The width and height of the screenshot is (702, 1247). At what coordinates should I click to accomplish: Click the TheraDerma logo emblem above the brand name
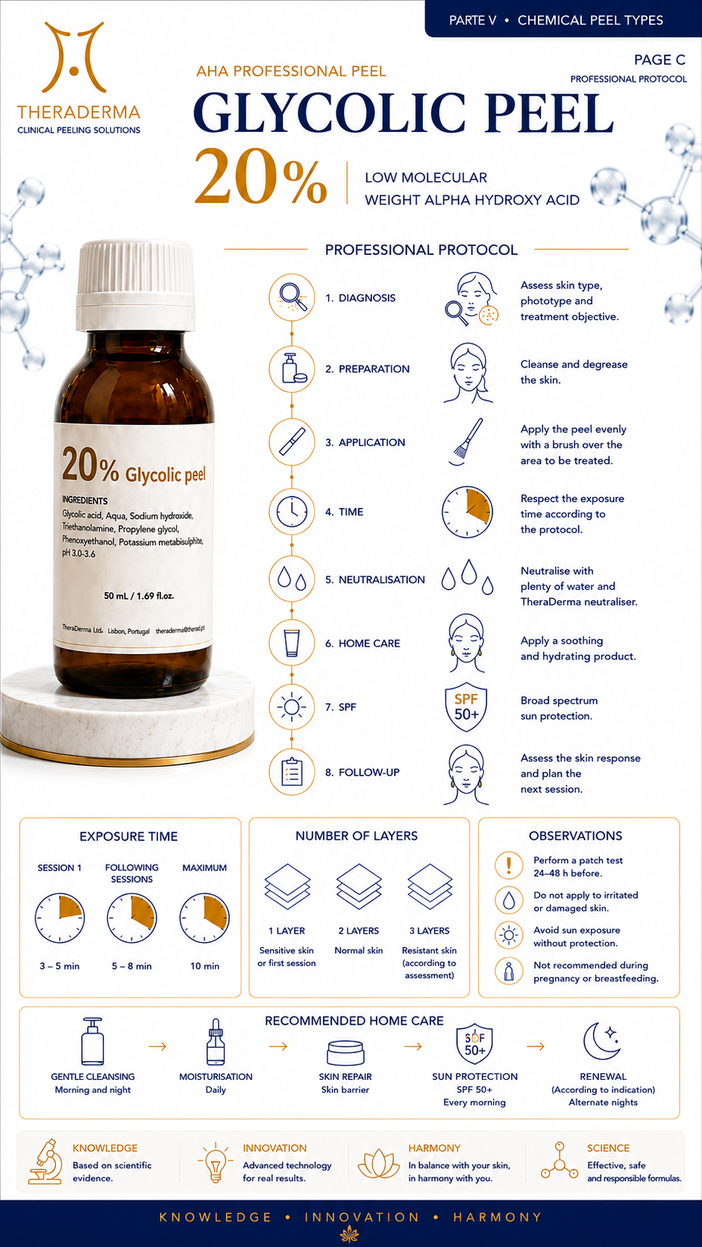75,57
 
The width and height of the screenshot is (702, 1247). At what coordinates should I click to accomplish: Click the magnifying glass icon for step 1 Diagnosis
292,297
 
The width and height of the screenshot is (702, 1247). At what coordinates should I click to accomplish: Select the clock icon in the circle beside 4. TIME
292,511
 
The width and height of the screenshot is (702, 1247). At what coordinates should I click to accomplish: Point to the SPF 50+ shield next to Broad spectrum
466,706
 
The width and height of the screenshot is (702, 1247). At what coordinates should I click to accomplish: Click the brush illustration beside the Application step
466,442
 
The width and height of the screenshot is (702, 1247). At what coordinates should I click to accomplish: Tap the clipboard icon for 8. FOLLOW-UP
292,772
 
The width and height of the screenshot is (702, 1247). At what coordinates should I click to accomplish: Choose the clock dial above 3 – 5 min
60,918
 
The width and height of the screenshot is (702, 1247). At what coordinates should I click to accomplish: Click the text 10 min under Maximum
205,966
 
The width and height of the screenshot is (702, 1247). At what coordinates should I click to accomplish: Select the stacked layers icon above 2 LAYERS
359,887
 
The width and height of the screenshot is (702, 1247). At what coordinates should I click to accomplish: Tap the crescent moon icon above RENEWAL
602,1041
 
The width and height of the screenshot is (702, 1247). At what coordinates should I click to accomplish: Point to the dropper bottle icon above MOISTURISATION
216,1042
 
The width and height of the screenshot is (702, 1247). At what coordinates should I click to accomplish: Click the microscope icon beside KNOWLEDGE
46,1161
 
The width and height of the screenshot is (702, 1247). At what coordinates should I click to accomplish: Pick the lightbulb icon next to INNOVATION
215,1162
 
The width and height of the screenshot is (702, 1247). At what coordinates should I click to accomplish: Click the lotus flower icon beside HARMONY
378,1164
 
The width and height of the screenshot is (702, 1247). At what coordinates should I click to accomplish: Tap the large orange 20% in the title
260,176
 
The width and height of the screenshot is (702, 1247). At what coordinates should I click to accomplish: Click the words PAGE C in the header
659,60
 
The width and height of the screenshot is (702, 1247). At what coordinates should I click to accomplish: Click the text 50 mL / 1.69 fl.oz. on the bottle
140,596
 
